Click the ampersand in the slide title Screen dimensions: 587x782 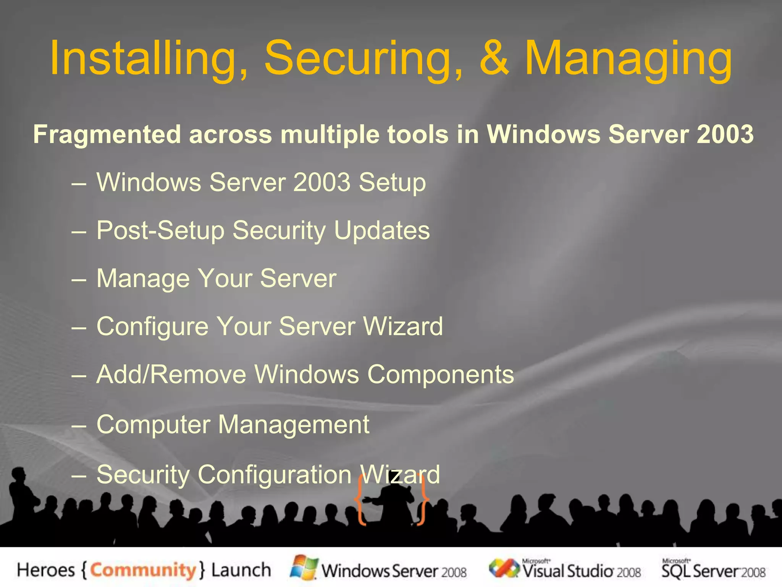coord(494,58)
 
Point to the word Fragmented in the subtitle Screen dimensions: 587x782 coord(107,135)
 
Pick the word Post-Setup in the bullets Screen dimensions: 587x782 coord(160,231)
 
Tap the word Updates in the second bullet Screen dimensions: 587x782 coord(382,231)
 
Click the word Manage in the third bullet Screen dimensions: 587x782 coord(143,279)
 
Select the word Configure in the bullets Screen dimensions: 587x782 coord(152,327)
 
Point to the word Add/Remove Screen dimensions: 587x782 coord(171,375)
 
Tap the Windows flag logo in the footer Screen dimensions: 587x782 coord(304,568)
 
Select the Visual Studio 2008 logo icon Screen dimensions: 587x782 coord(504,568)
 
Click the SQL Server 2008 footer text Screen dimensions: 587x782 coord(713,571)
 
